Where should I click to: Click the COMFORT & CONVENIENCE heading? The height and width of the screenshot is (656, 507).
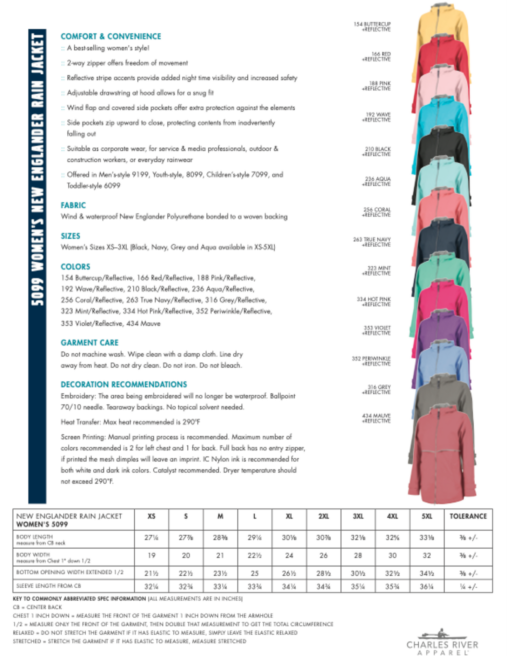tap(111, 36)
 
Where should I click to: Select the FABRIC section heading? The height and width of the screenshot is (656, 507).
tap(73, 205)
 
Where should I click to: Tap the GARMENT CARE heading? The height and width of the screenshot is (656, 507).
tap(89, 343)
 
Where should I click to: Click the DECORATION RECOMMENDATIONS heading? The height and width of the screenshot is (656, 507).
tap(124, 384)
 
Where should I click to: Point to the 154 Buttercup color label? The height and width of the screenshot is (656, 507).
tap(372, 27)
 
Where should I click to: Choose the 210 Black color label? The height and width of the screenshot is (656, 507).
tap(376, 152)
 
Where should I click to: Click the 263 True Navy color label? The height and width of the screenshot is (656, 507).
tap(372, 242)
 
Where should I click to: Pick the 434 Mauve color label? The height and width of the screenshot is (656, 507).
tap(376, 418)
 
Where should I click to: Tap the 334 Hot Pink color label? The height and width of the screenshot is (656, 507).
tap(374, 302)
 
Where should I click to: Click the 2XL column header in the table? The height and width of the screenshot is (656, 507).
tap(323, 516)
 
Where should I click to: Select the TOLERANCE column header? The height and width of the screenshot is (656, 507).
tap(468, 516)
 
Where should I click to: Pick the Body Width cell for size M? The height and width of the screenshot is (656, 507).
tap(220, 556)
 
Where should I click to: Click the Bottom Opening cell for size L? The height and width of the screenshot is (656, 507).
tap(254, 573)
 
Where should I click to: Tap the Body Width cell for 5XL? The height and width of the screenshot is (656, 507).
tap(427, 556)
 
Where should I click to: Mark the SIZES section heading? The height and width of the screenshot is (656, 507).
tap(70, 236)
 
